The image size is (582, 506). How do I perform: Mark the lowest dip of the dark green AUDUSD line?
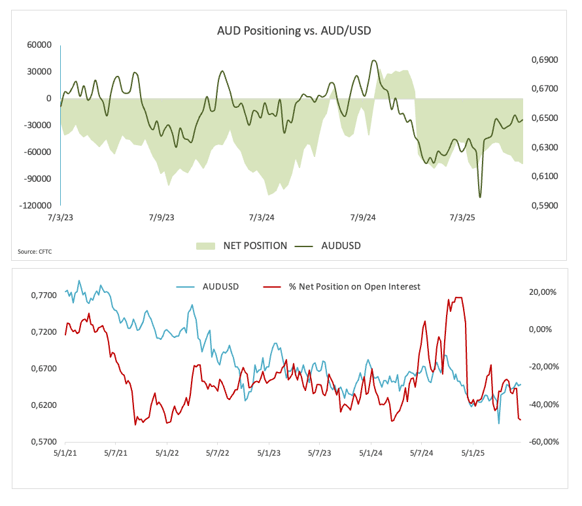click(480, 197)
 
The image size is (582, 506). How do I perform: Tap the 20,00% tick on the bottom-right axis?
click(543, 292)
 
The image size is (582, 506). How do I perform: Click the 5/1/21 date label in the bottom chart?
click(65, 452)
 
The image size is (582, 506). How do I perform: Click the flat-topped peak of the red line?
click(458, 297)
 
